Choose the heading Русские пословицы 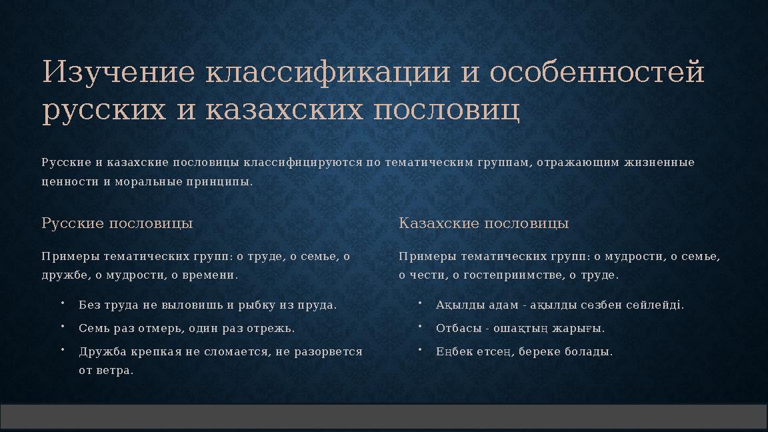tap(117, 223)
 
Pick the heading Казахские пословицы tap(483, 223)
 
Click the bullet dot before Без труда tap(61, 303)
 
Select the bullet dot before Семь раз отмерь tap(61, 327)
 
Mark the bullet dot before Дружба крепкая tap(61, 350)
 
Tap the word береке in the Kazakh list tap(543, 352)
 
